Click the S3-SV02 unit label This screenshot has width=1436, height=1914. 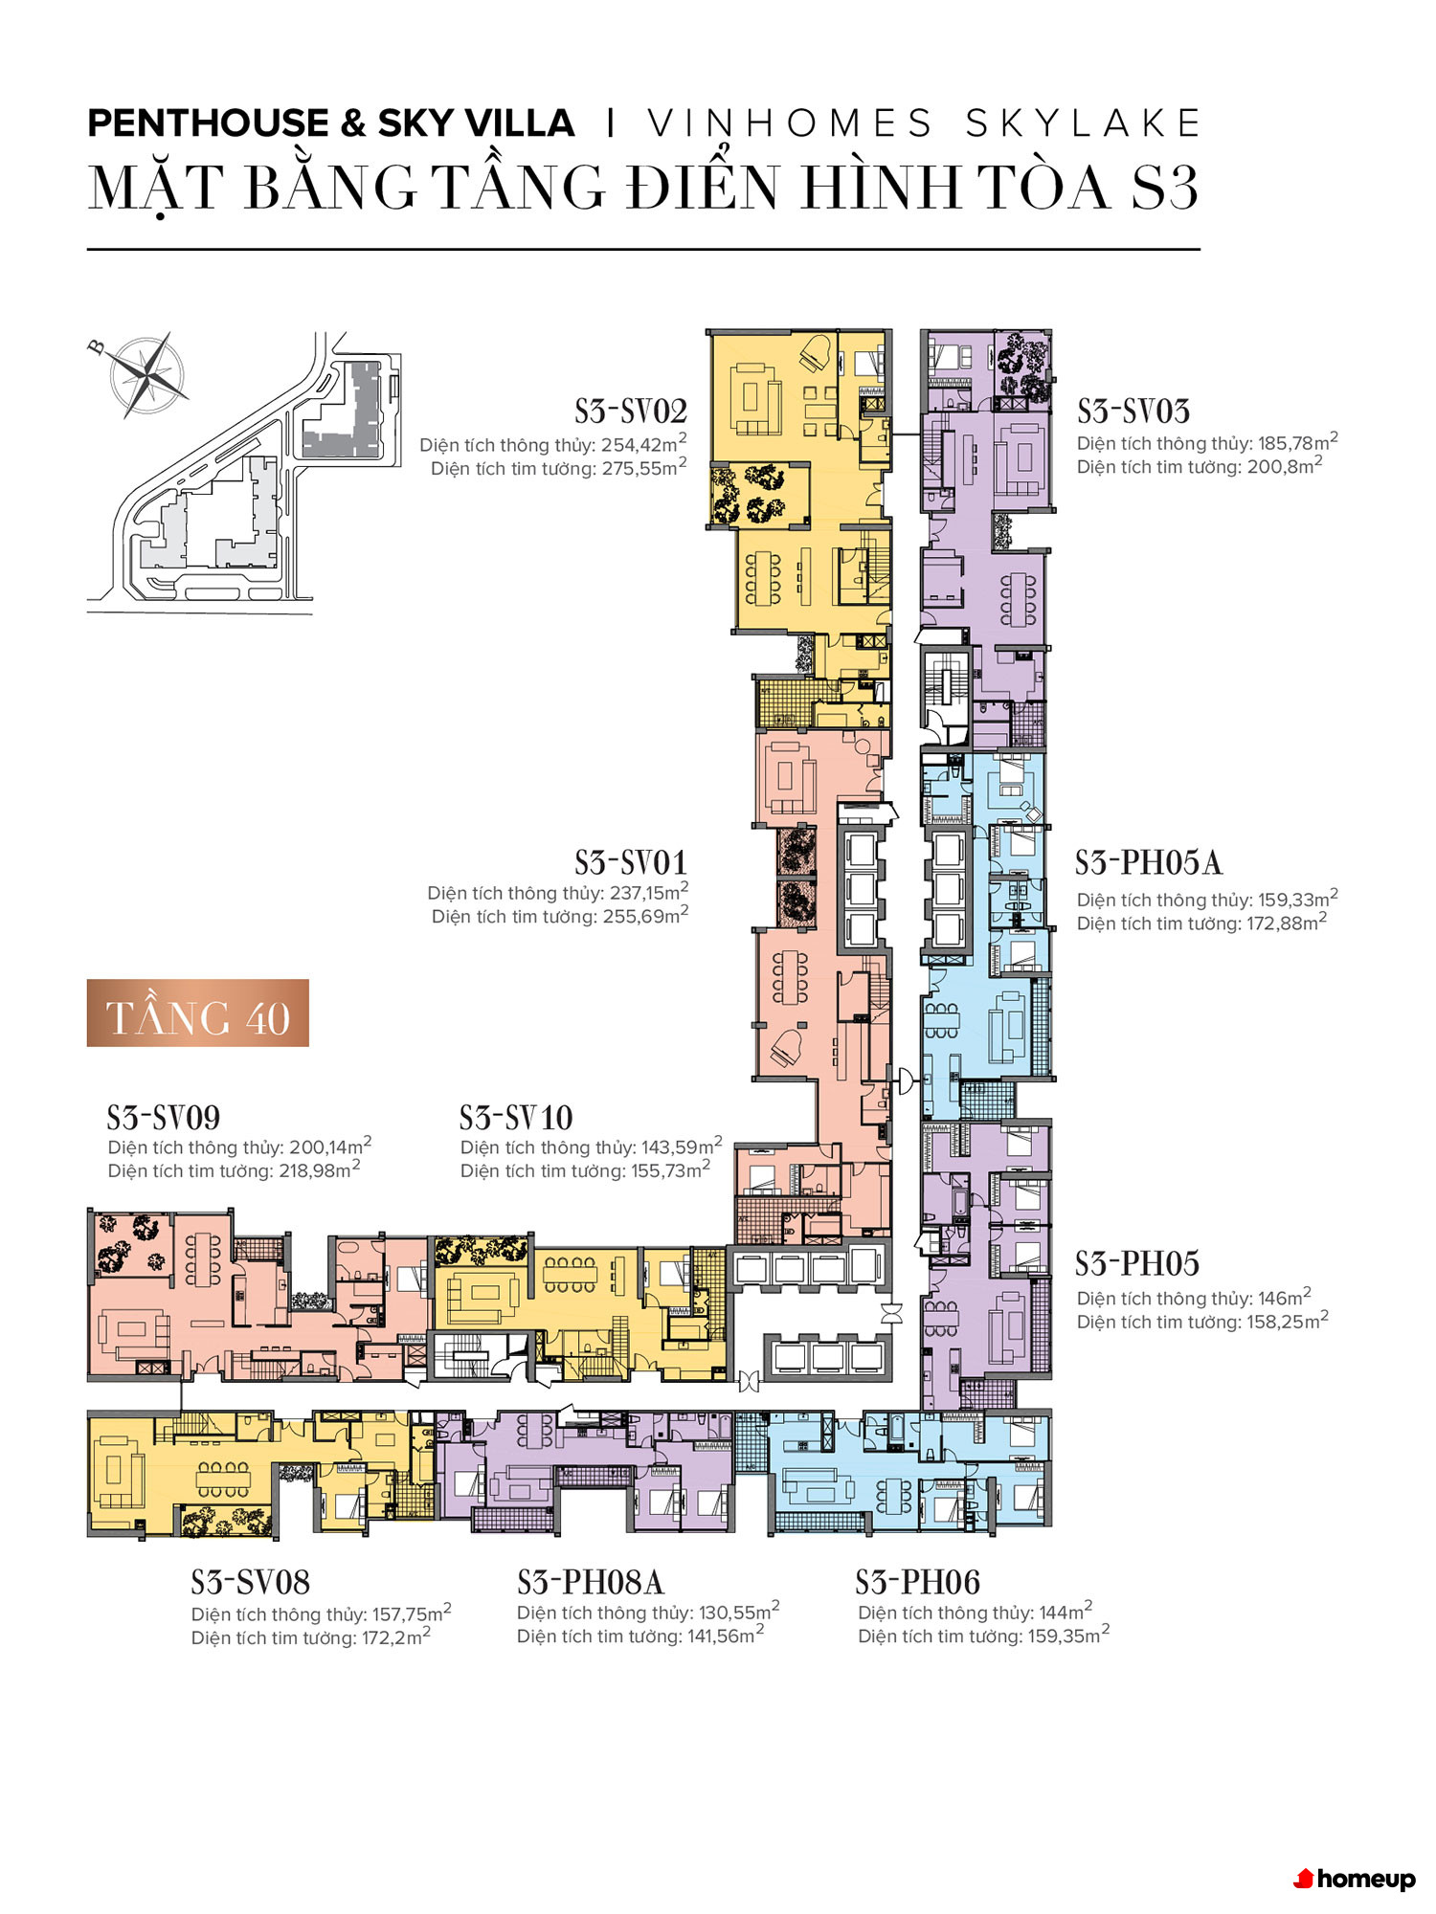[x=631, y=412]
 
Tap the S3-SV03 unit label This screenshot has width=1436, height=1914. [x=1133, y=412]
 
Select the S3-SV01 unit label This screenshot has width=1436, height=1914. [x=631, y=862]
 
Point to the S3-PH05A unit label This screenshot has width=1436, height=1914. [x=1149, y=862]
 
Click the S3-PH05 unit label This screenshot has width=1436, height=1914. [x=1137, y=1263]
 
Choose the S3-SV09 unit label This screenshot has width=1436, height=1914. [x=164, y=1117]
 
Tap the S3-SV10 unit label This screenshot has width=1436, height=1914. [x=516, y=1117]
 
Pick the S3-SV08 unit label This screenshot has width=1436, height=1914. [x=251, y=1582]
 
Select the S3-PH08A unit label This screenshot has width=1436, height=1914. [x=591, y=1582]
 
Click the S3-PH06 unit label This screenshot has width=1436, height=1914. [x=918, y=1582]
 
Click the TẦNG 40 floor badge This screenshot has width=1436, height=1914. [x=198, y=1013]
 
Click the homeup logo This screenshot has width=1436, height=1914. [x=1355, y=1879]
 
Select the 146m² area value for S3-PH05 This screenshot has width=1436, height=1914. [x=1285, y=1298]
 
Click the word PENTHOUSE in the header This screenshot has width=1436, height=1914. [x=209, y=123]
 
